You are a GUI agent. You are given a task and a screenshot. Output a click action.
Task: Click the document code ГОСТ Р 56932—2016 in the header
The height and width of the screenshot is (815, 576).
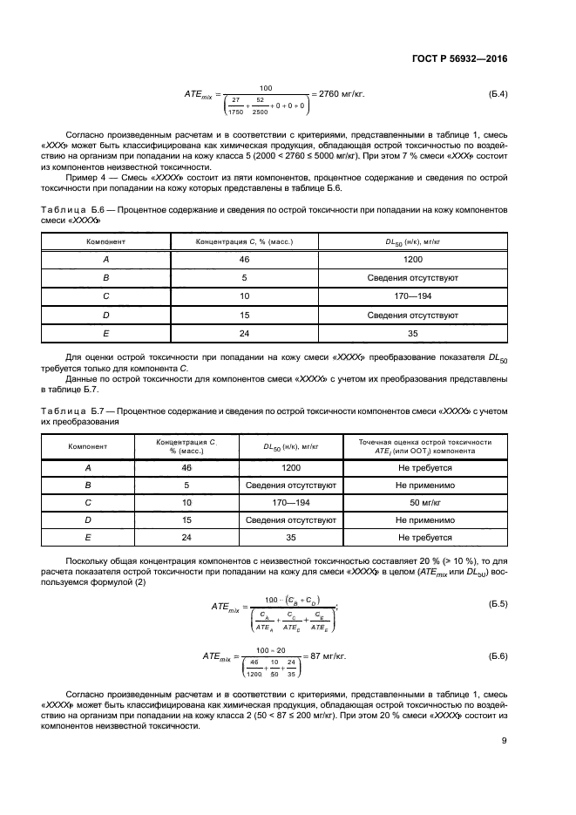pos(459,58)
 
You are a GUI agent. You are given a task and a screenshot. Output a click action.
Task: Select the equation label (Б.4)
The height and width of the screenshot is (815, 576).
pos(494,93)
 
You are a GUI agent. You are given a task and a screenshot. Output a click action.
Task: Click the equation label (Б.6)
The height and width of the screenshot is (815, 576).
pos(494,654)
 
